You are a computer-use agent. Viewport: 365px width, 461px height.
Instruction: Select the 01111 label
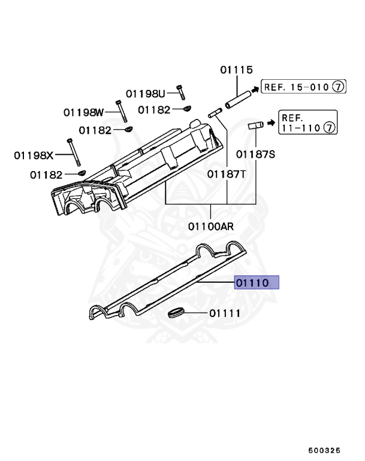224,313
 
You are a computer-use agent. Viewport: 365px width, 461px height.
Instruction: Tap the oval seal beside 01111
176,313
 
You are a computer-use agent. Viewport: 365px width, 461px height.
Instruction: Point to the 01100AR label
211,227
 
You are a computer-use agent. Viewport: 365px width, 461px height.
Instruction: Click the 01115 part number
236,70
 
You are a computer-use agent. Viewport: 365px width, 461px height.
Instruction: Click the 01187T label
227,174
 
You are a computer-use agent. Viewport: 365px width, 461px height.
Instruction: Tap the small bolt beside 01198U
180,92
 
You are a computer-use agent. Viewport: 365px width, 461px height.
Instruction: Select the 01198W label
84,112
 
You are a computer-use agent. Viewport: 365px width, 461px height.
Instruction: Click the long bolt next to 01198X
74,152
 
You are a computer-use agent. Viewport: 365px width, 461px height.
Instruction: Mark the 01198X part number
34,155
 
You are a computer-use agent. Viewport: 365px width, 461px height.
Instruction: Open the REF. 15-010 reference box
303,87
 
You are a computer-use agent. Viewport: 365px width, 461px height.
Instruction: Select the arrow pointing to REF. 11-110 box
270,123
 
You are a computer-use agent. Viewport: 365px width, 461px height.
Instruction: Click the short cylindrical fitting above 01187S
256,126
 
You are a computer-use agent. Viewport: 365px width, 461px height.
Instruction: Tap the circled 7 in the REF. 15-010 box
338,87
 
